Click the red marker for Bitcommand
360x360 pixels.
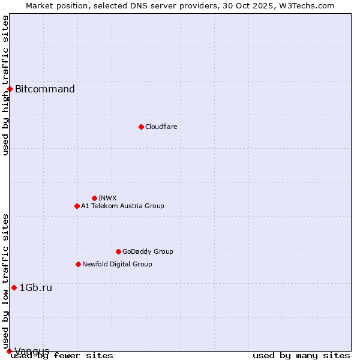(x=10, y=89)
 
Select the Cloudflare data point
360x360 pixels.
(x=141, y=127)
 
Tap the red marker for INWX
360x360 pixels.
(x=94, y=198)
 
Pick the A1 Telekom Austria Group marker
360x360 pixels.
(x=77, y=206)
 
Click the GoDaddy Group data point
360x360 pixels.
(x=118, y=251)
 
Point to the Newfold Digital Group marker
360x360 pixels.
(x=78, y=264)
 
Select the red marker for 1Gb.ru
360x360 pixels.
(x=14, y=287)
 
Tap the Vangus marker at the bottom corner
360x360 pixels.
(x=9, y=351)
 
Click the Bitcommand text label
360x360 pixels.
(x=45, y=89)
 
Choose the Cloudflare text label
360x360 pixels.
(x=161, y=127)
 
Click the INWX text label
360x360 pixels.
(x=107, y=198)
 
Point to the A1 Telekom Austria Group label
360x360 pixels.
(x=122, y=206)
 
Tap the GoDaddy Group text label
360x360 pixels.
(x=148, y=251)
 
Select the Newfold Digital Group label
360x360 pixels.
(x=117, y=264)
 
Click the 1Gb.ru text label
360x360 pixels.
(x=36, y=287)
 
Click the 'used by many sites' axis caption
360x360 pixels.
(x=301, y=355)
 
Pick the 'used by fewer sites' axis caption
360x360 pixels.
(x=62, y=355)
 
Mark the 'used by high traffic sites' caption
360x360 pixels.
(x=5, y=85)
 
